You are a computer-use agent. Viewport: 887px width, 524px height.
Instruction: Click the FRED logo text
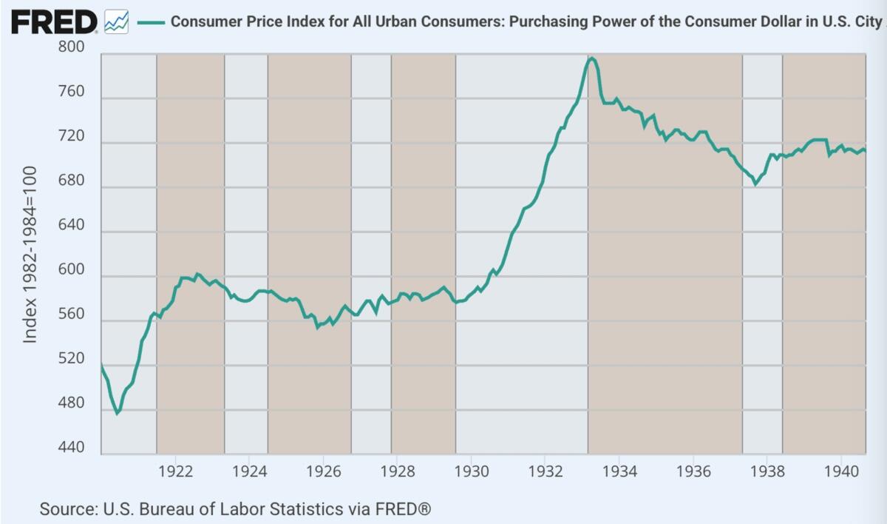(53, 22)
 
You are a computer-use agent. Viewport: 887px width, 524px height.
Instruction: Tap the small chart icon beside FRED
(117, 22)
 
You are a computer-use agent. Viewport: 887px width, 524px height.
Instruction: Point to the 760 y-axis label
(72, 93)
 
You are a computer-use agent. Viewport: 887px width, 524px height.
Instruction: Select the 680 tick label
(72, 181)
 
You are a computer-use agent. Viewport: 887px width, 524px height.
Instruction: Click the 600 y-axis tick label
(72, 271)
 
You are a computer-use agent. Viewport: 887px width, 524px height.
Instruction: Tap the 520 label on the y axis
(72, 360)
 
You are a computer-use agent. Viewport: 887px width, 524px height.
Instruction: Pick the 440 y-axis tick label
(72, 449)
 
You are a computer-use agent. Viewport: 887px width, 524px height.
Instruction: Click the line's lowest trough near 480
(117, 413)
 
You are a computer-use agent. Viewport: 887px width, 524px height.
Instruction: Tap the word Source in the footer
(65, 509)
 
